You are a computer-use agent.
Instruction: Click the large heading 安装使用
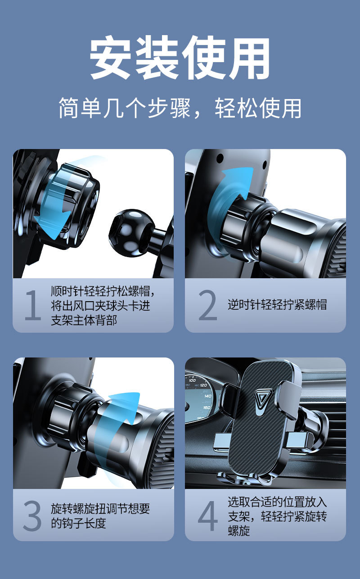coord(180,58)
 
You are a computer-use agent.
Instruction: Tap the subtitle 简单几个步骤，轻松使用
coord(180,108)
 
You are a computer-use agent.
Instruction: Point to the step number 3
coord(32,516)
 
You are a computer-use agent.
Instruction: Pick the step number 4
coord(208,516)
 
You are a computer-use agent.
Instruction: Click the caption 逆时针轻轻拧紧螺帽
coord(277,304)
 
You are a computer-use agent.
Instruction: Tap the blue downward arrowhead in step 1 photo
coord(54,226)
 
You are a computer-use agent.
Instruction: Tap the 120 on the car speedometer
coord(203,385)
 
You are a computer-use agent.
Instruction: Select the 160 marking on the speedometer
coord(207,407)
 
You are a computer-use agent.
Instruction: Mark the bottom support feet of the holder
coord(244,478)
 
